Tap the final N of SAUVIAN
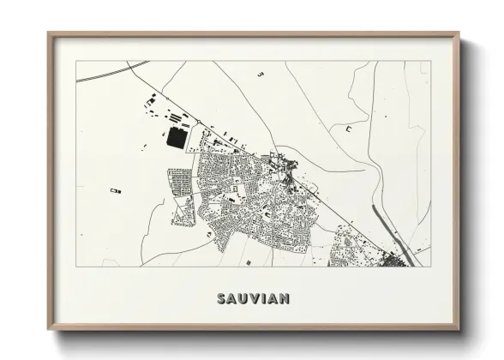pos(285,299)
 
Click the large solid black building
pos(177,138)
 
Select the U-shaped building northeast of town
pos(349,128)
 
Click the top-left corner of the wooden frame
pos(49,33)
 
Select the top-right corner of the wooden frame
pos(459,33)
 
